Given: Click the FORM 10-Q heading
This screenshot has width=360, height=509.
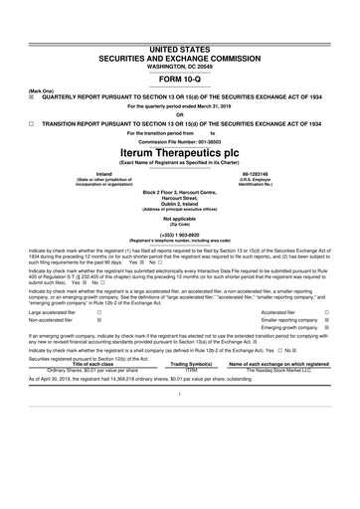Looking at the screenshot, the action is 179,80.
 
